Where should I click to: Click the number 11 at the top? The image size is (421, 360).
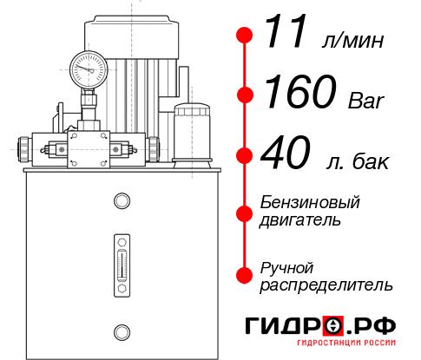(286, 36)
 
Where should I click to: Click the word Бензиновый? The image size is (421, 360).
(310, 202)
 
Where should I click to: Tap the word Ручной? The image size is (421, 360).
(286, 266)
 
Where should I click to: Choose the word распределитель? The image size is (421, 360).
(326, 285)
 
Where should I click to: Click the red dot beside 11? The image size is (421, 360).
(246, 36)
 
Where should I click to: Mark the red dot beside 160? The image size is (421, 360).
(246, 94)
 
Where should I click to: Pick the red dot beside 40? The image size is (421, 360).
(246, 156)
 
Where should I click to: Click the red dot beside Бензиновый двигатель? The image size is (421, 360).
(246, 211)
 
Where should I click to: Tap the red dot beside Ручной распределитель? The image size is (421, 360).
(246, 275)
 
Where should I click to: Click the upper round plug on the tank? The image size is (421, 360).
(122, 202)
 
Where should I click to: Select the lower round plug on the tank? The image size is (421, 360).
(122, 330)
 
